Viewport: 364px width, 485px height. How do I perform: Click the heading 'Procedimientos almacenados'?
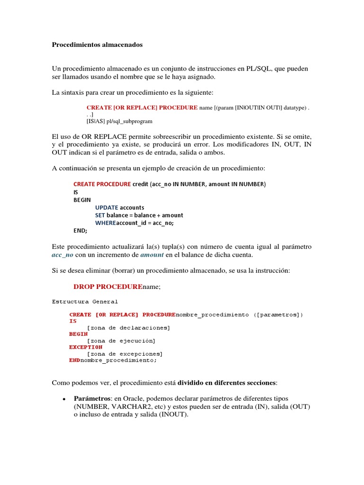tap(97, 45)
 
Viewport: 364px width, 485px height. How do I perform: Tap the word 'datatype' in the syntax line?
tap(297, 108)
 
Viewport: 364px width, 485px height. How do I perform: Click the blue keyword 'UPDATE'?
tap(107, 207)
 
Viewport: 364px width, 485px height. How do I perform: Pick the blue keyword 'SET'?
tap(100, 215)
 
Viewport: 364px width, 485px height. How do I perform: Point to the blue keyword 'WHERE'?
tap(105, 223)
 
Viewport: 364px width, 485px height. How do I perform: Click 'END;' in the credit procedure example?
tap(80, 231)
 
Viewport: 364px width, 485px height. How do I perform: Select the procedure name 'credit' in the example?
tap(140, 184)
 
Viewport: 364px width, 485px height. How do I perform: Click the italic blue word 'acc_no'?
tap(62, 255)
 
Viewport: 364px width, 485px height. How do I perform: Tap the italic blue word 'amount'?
tap(152, 255)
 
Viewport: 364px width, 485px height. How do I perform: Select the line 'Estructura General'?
tap(85, 302)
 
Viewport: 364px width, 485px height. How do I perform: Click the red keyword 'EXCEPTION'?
tap(86, 347)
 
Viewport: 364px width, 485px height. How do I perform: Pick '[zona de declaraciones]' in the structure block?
tap(128, 328)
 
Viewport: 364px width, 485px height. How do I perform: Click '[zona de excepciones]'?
tap(125, 354)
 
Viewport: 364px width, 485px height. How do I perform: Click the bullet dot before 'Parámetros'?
tap(64, 399)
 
